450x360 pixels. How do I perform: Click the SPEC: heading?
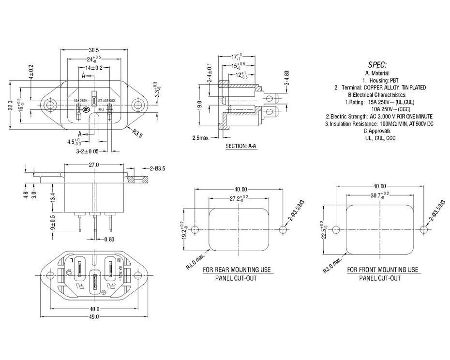tap(377, 64)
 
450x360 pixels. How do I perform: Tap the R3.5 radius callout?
tap(137, 134)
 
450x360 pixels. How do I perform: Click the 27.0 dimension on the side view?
tap(93, 165)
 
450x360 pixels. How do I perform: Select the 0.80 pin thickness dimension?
tap(109, 239)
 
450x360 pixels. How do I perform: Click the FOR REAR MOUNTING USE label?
tap(237, 270)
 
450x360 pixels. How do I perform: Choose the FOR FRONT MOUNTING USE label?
tap(382, 270)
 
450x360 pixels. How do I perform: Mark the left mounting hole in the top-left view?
tap(49, 105)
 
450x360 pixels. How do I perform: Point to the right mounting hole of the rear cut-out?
tap(283, 229)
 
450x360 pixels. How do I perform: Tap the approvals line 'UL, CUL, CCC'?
tap(380, 138)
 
